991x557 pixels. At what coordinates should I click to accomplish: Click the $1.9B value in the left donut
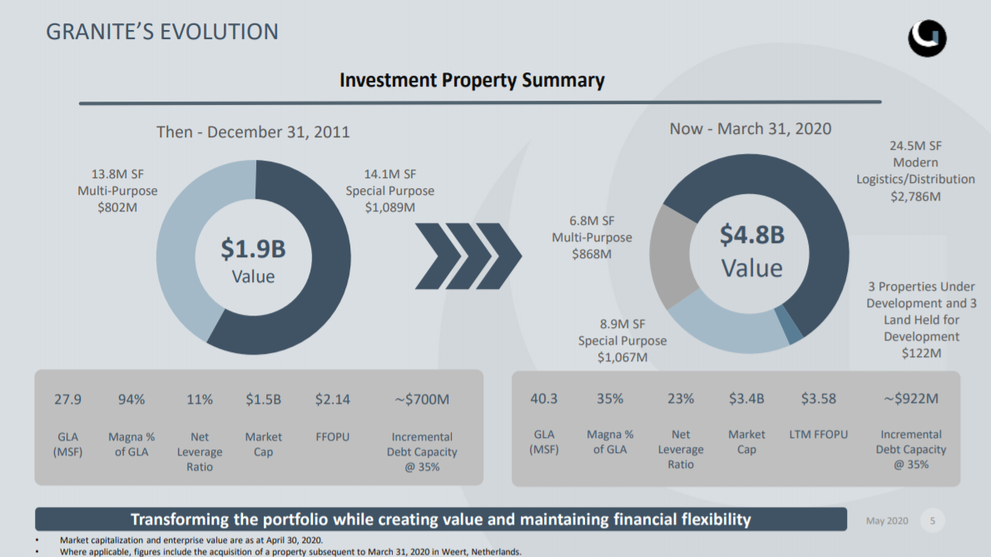click(x=253, y=247)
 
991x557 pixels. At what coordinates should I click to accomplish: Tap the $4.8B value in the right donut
click(x=751, y=235)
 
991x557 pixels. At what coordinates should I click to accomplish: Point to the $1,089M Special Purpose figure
click(x=389, y=207)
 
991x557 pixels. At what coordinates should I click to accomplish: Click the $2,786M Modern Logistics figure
click(x=915, y=196)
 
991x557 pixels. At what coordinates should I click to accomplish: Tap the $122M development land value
click(x=921, y=353)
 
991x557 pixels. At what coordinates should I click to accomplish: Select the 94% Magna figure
click(x=131, y=400)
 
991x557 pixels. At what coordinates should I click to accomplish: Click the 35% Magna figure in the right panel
click(x=610, y=399)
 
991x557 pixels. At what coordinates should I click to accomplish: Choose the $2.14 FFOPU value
click(x=332, y=400)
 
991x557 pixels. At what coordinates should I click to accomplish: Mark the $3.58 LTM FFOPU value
click(x=818, y=399)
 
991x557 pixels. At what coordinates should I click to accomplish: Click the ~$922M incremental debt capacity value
click(x=910, y=399)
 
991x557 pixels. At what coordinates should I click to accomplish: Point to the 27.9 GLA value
click(x=67, y=400)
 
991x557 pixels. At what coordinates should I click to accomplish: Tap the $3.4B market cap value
click(x=746, y=399)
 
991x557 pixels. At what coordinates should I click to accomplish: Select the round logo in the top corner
click(x=927, y=37)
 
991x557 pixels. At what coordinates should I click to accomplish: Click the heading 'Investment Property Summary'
click(x=472, y=80)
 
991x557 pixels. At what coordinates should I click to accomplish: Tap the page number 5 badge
click(x=932, y=521)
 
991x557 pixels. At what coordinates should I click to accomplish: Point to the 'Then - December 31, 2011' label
click(x=253, y=132)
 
